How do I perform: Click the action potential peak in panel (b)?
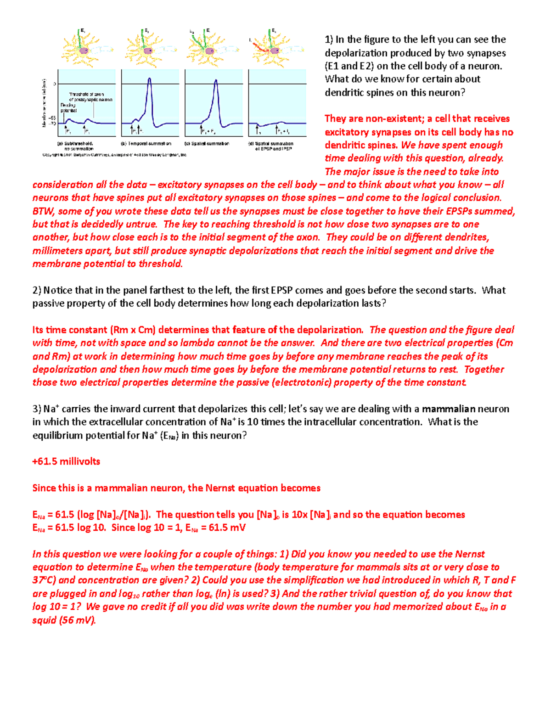pyautogui.click(x=149, y=79)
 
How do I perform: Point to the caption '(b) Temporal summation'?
pyautogui.click(x=146, y=144)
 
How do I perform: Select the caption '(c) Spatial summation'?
pyautogui.click(x=207, y=144)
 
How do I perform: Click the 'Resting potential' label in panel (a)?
pyautogui.click(x=68, y=108)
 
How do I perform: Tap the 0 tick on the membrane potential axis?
pyautogui.click(x=55, y=84)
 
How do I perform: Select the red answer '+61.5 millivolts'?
pyautogui.click(x=66, y=461)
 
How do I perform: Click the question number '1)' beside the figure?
pyautogui.click(x=329, y=39)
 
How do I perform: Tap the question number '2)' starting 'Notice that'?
pyautogui.click(x=37, y=290)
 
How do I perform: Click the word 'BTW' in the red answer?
pyautogui.click(x=43, y=211)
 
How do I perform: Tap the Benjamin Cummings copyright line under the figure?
pyautogui.click(x=115, y=155)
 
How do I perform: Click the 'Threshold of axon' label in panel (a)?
pyautogui.click(x=86, y=94)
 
